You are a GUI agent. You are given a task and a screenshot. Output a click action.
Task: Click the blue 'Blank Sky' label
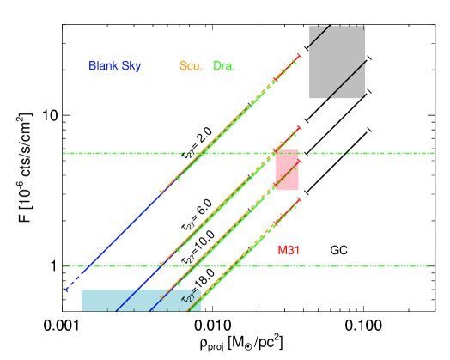click(x=115, y=66)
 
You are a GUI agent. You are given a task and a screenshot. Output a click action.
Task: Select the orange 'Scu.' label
click(x=191, y=66)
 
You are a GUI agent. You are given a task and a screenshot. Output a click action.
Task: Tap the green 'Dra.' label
click(x=223, y=66)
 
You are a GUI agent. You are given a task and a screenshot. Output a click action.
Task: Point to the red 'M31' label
click(x=289, y=250)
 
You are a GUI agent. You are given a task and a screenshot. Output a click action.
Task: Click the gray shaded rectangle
click(x=337, y=62)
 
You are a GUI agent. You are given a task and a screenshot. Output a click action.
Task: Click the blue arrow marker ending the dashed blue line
click(x=65, y=290)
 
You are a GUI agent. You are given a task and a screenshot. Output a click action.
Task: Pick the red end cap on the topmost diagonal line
click(x=299, y=57)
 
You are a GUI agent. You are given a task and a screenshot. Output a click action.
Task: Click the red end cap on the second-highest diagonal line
click(x=299, y=129)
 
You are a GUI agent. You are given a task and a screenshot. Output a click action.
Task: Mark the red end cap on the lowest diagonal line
click(x=299, y=200)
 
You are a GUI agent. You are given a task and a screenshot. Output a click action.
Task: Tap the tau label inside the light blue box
click(x=187, y=298)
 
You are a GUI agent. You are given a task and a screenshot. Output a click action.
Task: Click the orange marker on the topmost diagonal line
click(x=161, y=192)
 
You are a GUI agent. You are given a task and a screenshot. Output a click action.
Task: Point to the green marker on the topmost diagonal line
click(x=179, y=179)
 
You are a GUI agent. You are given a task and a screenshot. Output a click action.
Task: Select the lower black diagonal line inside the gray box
click(x=344, y=83)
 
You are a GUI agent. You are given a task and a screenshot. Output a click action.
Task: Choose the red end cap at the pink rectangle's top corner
click(x=298, y=161)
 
